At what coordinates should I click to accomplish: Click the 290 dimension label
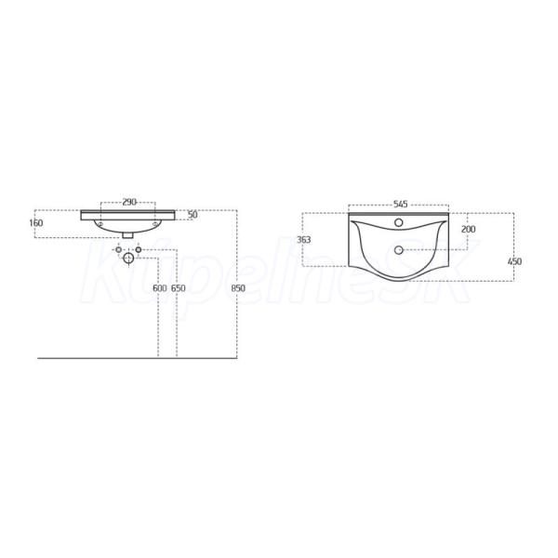coord(129,202)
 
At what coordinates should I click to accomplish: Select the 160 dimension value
coord(36,223)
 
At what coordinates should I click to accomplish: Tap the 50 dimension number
coord(193,215)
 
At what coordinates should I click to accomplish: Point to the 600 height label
coord(159,288)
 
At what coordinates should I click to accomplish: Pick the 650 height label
coord(179,288)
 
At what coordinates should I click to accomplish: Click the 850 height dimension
coord(238,288)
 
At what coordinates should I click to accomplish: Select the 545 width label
coord(400,205)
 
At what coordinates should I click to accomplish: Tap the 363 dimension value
coord(304,240)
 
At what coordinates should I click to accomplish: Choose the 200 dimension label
coord(469,229)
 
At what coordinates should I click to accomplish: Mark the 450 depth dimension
coord(514,261)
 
